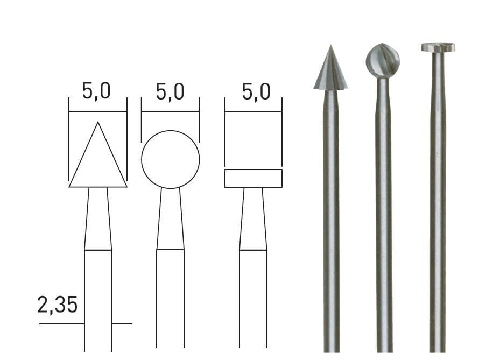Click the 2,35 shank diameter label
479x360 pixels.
click(x=58, y=305)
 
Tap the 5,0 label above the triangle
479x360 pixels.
click(x=96, y=91)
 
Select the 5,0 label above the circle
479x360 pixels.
click(x=170, y=91)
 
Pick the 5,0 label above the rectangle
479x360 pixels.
click(x=256, y=91)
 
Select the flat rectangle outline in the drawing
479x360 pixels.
click(x=253, y=170)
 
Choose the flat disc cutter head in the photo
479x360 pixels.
click(x=438, y=47)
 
